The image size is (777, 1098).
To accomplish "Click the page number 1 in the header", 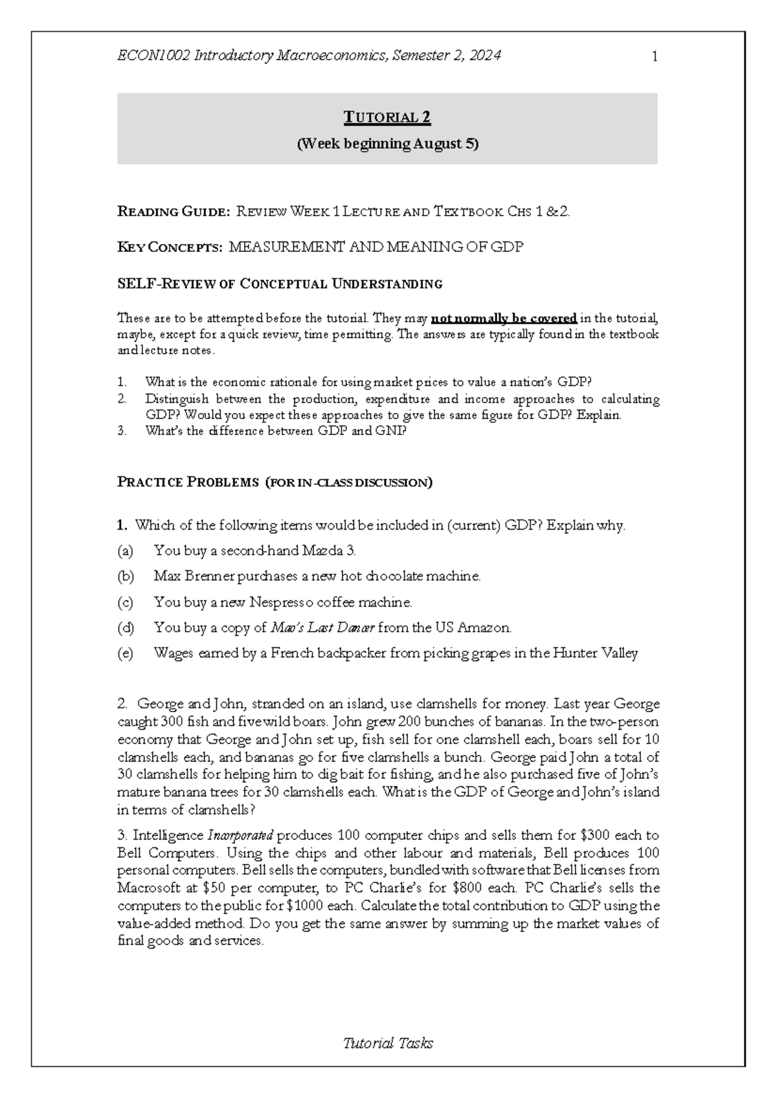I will click(x=655, y=57).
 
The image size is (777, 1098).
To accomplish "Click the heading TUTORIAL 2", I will click(x=387, y=118).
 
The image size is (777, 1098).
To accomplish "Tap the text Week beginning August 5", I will click(x=387, y=144).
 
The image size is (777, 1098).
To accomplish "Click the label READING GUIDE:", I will click(x=173, y=211).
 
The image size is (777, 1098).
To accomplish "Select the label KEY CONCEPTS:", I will click(x=169, y=247).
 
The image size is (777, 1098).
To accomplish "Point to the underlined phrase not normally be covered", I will click(x=504, y=318).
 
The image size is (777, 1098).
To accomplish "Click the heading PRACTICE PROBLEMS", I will click(x=187, y=482).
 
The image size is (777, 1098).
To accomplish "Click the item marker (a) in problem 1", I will click(x=125, y=551).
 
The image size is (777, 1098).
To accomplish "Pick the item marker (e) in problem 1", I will click(x=125, y=653).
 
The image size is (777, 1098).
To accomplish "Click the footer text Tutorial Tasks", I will click(x=387, y=1043).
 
